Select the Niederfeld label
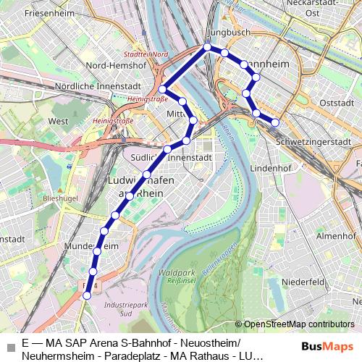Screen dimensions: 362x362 pos(306,281)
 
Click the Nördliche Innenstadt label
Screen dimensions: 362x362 pos(93,86)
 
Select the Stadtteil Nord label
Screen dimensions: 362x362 pos(146,54)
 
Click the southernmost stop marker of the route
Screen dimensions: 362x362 pos(88,295)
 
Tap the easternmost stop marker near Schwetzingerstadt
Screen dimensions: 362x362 pos(275,122)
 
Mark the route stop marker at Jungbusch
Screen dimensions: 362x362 pos(207,47)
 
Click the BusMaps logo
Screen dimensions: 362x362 pos(328,346)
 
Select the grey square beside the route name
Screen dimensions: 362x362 pos(10,347)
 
